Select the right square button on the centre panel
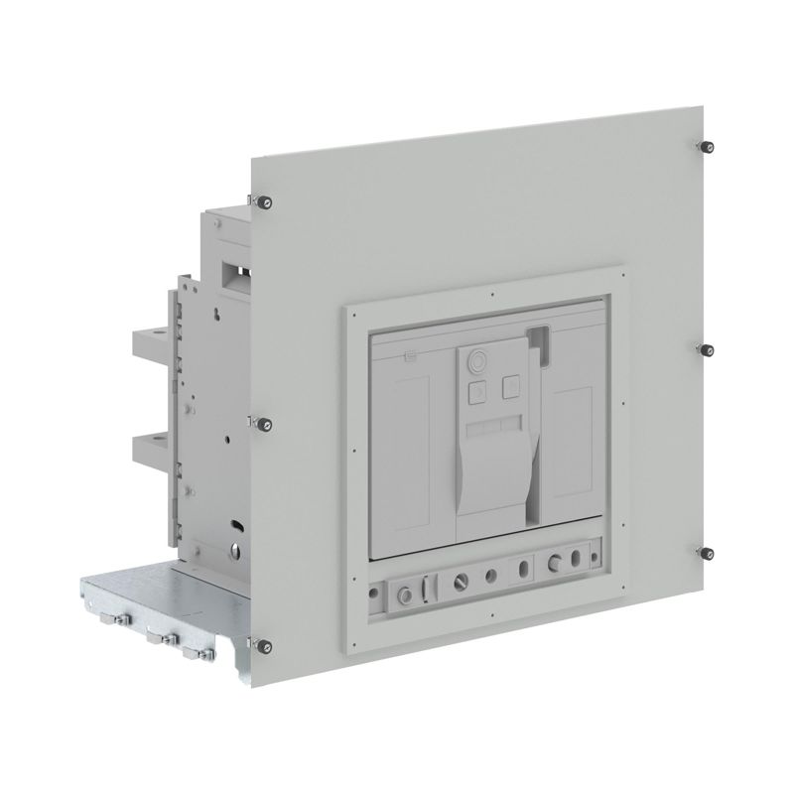(513, 386)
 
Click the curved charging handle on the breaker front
(491, 466)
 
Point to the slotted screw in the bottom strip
(461, 575)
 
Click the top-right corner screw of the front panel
(706, 146)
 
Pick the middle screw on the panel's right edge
(707, 350)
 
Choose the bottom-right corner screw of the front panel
(707, 552)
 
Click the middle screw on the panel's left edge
(264, 425)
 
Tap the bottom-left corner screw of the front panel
(264, 645)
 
